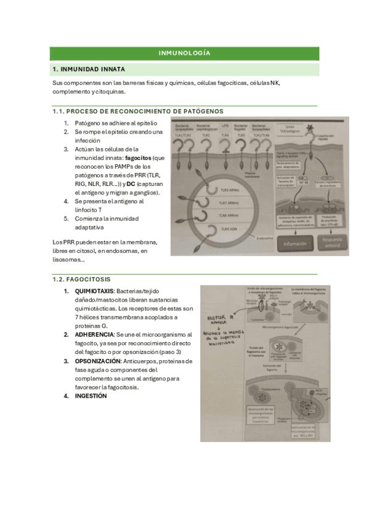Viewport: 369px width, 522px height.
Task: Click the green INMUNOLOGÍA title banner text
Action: [x=184, y=53]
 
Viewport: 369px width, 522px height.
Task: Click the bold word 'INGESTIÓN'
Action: [x=91, y=396]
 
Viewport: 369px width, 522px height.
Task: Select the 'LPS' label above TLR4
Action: [x=225, y=126]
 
